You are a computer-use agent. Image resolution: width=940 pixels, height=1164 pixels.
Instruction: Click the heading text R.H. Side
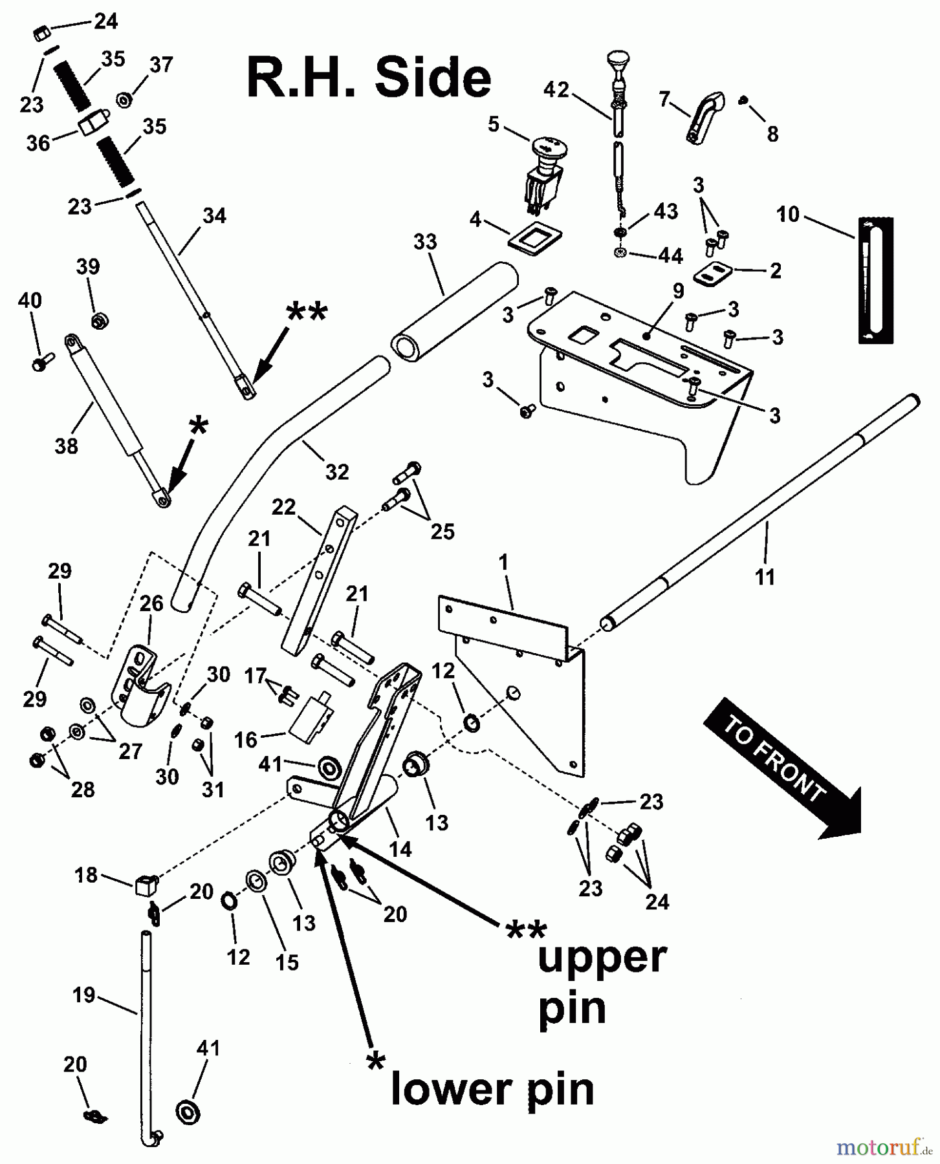click(x=369, y=78)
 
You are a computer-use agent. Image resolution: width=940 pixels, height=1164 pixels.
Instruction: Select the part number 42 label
click(x=556, y=89)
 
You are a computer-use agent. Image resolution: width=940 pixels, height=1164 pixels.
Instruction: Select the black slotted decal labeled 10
click(x=876, y=279)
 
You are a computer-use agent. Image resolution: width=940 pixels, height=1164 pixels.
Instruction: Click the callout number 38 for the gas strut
click(x=66, y=446)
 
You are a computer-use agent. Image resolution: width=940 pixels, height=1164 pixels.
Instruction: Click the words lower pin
click(x=492, y=1090)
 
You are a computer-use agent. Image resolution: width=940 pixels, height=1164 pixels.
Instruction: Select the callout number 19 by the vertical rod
click(x=85, y=995)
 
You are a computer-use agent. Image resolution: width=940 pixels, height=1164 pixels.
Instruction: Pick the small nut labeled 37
click(x=124, y=100)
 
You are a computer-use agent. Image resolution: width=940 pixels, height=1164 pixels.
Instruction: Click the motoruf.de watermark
click(x=884, y=1147)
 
